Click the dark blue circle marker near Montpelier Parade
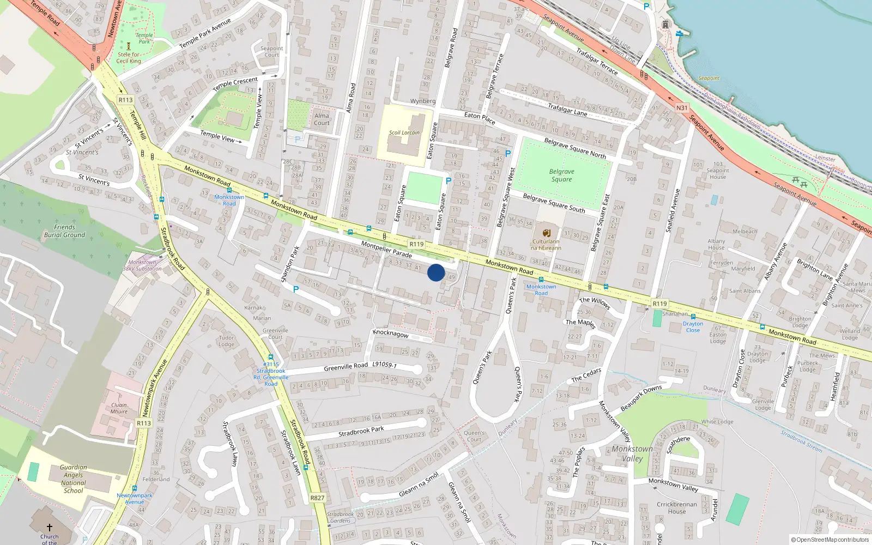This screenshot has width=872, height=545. [x=436, y=272]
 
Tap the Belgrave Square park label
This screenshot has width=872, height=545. [x=561, y=175]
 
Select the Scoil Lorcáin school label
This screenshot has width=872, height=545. [x=404, y=132]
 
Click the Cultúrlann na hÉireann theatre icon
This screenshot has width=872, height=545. [x=546, y=233]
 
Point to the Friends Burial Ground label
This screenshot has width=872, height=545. [x=64, y=231]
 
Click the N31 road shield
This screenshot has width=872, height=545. [x=682, y=108]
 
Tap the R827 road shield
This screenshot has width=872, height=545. [x=317, y=498]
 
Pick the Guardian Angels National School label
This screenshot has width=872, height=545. [x=74, y=479]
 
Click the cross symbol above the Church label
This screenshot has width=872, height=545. [x=49, y=528]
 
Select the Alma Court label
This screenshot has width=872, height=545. [x=322, y=119]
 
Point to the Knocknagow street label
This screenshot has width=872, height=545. [x=391, y=333]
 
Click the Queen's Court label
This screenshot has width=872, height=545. [x=474, y=436]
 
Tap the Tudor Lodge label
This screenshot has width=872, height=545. [x=226, y=341]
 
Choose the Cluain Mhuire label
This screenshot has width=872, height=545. [x=119, y=408]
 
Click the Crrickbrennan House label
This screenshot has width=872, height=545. [x=677, y=507]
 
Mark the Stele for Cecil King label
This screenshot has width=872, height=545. [x=129, y=58]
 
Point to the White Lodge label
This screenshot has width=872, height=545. [x=717, y=422]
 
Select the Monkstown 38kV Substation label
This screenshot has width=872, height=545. [x=142, y=265]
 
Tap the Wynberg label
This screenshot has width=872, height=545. [x=423, y=101]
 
